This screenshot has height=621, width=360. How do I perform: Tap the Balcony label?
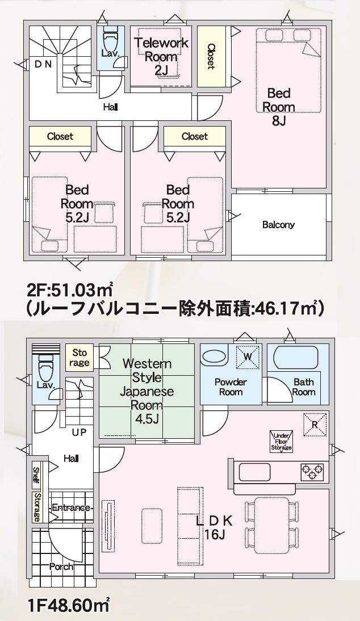point(278,225)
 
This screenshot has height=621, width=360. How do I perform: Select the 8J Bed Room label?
point(279,107)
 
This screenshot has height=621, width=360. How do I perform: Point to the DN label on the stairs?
point(43,65)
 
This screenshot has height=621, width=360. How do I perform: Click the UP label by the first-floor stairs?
point(79,433)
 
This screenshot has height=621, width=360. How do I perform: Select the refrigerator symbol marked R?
point(315,425)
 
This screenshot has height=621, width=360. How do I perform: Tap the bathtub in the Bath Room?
point(296,358)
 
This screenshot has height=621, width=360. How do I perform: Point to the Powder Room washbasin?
point(214,356)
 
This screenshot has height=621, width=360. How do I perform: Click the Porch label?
point(61,567)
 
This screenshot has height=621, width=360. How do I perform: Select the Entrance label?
point(72,507)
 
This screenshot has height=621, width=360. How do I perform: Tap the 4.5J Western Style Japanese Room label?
point(147,391)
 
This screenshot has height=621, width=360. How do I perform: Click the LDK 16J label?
point(214,527)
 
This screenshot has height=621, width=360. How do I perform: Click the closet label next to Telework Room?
point(211,56)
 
